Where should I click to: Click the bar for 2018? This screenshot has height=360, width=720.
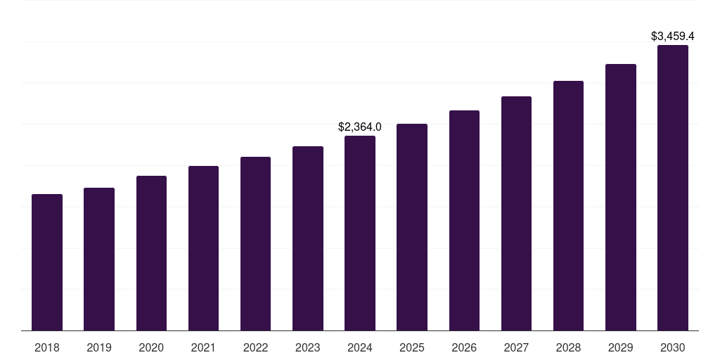[x=47, y=262]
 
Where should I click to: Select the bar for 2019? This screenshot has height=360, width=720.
[x=99, y=259]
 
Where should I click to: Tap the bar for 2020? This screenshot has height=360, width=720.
[x=151, y=253]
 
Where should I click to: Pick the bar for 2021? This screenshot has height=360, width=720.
[x=203, y=248]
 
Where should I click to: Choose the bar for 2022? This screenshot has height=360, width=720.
[x=255, y=243]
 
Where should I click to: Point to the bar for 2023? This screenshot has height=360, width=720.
[x=308, y=238]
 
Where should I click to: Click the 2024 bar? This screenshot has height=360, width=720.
[x=360, y=233]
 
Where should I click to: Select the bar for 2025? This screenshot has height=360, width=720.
[x=412, y=227]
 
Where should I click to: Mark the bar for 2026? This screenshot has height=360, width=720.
[x=464, y=220]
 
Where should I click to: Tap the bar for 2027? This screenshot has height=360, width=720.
[x=516, y=213]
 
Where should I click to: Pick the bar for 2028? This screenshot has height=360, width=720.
[x=568, y=205]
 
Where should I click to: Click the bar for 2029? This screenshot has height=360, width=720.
[x=620, y=197]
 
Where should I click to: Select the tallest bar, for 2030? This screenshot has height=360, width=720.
[x=673, y=188]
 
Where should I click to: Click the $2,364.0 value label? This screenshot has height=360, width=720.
[x=360, y=127]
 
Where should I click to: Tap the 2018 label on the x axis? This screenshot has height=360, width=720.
[x=47, y=347]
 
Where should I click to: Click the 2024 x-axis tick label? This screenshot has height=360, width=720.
[x=360, y=347]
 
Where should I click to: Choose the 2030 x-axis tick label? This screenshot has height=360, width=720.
[x=673, y=347]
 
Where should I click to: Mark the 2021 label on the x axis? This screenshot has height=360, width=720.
[x=203, y=347]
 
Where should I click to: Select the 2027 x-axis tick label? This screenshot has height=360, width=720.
[x=516, y=347]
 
